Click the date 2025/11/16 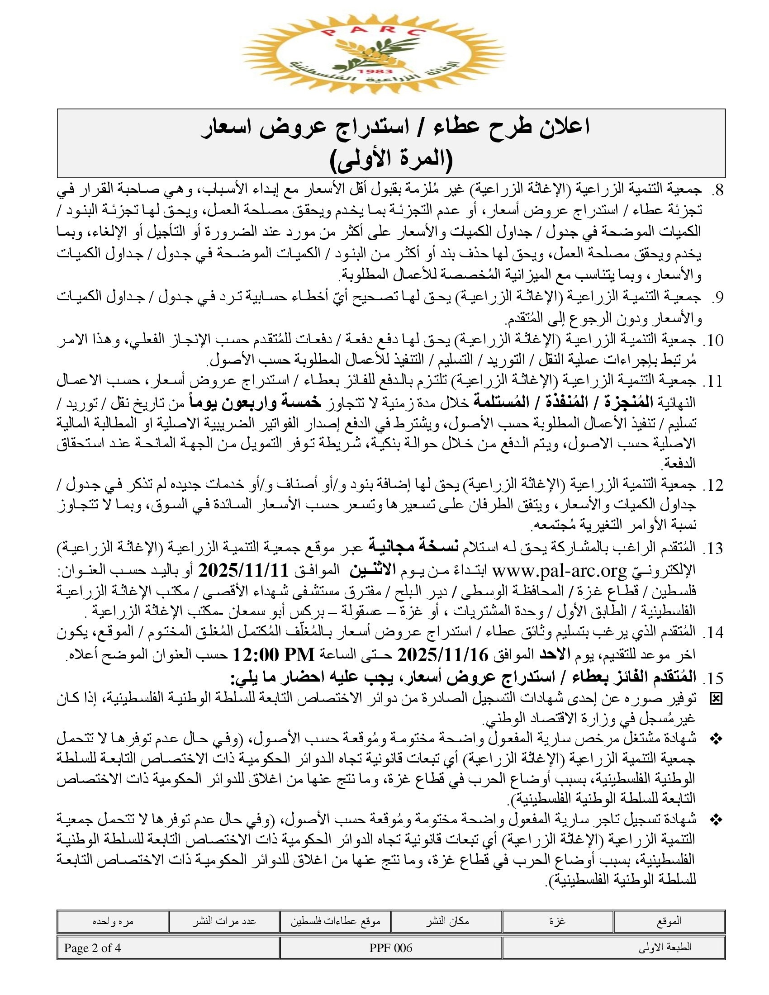[x=442, y=655]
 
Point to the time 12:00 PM [x=274, y=655]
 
